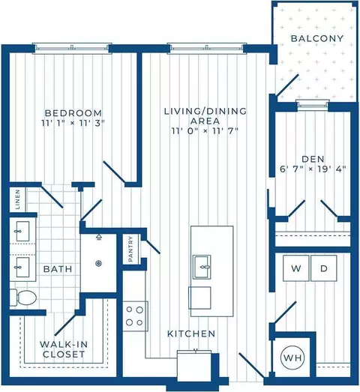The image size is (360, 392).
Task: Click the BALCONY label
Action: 317,38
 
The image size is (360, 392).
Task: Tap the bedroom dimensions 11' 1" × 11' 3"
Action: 73,123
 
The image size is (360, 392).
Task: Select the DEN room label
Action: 313,159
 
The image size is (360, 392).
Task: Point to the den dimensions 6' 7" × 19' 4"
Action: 313,169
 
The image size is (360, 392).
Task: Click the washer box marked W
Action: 296,268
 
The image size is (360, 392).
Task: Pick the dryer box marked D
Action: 324,268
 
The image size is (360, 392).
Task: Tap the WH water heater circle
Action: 292,358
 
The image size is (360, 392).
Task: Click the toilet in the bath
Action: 23,298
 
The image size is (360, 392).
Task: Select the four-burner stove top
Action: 135,316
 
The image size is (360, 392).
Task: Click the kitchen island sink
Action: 202,267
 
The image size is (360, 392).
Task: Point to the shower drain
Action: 98,263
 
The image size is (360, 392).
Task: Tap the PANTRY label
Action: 130,249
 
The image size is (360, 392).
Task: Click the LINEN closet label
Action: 17,199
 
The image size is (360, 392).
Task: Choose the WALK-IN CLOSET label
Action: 64,349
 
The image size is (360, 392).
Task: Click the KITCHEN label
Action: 191,334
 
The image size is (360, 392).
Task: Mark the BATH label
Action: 58,269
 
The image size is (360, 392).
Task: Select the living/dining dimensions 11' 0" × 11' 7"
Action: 205,131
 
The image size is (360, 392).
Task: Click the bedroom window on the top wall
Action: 72,48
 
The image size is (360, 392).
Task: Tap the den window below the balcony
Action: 313,105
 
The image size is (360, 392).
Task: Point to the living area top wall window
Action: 207,48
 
